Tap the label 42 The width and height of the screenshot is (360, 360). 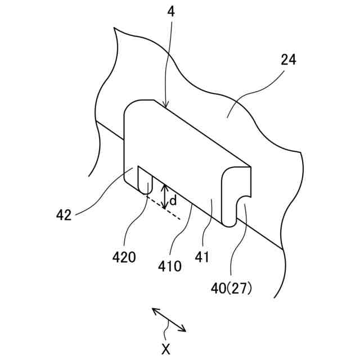pyautogui.click(x=64, y=214)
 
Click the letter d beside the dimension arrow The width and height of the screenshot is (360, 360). pyautogui.click(x=173, y=200)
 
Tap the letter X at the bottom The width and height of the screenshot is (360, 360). pyautogui.click(x=165, y=349)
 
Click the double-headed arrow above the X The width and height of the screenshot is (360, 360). pyautogui.click(x=169, y=319)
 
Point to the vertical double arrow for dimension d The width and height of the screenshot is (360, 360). pyautogui.click(x=164, y=196)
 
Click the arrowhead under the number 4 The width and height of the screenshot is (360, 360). pyautogui.click(x=165, y=103)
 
